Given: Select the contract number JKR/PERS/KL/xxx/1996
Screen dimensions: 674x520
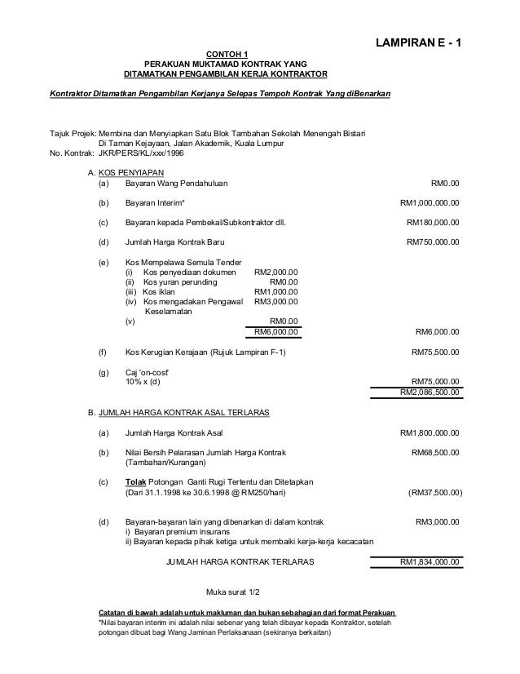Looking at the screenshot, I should pyautogui.click(x=143, y=153).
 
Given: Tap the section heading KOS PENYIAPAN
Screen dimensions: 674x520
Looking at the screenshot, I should pyautogui.click(x=131, y=173).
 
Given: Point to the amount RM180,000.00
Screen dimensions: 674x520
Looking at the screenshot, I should pyautogui.click(x=432, y=222).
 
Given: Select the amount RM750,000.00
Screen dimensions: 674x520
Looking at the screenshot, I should pyautogui.click(x=432, y=242).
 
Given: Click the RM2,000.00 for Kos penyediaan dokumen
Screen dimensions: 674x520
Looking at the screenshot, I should pyautogui.click(x=276, y=273).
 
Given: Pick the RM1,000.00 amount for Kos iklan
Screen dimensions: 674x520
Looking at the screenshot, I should pyautogui.click(x=276, y=292).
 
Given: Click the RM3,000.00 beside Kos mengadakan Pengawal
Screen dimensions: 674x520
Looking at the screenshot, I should pyautogui.click(x=276, y=302).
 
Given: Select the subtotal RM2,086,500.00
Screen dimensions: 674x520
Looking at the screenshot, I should pyautogui.click(x=429, y=392).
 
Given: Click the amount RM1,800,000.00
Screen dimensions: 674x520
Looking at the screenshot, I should pyautogui.click(x=429, y=432).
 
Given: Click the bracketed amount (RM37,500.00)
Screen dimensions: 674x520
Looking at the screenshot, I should pyautogui.click(x=433, y=492).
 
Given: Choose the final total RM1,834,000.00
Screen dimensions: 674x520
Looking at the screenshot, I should pyautogui.click(x=429, y=562).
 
